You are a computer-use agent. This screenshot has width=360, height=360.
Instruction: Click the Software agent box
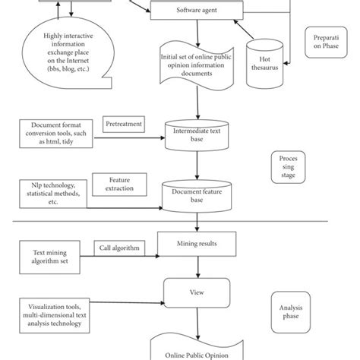(197, 10)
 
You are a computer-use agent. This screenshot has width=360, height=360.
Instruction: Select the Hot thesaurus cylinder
(265, 64)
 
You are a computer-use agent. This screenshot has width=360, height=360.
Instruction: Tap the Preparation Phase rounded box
(326, 43)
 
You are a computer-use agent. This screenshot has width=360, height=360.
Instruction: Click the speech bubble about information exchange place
(68, 53)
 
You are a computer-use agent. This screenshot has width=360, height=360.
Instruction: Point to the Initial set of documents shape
(197, 65)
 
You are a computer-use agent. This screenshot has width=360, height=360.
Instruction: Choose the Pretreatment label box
(124, 125)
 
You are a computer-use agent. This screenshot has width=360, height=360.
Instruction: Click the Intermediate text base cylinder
(197, 135)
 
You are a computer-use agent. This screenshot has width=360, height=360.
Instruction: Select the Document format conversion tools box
(56, 134)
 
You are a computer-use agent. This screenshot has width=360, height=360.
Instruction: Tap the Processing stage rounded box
(288, 167)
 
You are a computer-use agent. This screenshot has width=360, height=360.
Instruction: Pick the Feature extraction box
(119, 185)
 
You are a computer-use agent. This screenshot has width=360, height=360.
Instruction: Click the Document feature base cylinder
(197, 196)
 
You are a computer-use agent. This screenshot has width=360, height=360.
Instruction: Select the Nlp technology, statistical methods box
(53, 194)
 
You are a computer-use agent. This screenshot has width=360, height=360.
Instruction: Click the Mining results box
(197, 244)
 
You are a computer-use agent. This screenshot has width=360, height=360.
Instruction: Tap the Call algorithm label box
(119, 248)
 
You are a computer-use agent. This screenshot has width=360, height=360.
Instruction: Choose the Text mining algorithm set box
(49, 257)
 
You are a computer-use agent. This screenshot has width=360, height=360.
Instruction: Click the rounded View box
(197, 293)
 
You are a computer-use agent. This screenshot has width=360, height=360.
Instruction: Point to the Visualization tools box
(55, 315)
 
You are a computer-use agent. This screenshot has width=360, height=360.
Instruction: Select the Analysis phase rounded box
(291, 312)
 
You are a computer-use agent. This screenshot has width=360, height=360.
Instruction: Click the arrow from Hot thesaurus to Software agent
(244, 30)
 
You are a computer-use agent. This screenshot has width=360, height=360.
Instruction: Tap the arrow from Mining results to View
(198, 267)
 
